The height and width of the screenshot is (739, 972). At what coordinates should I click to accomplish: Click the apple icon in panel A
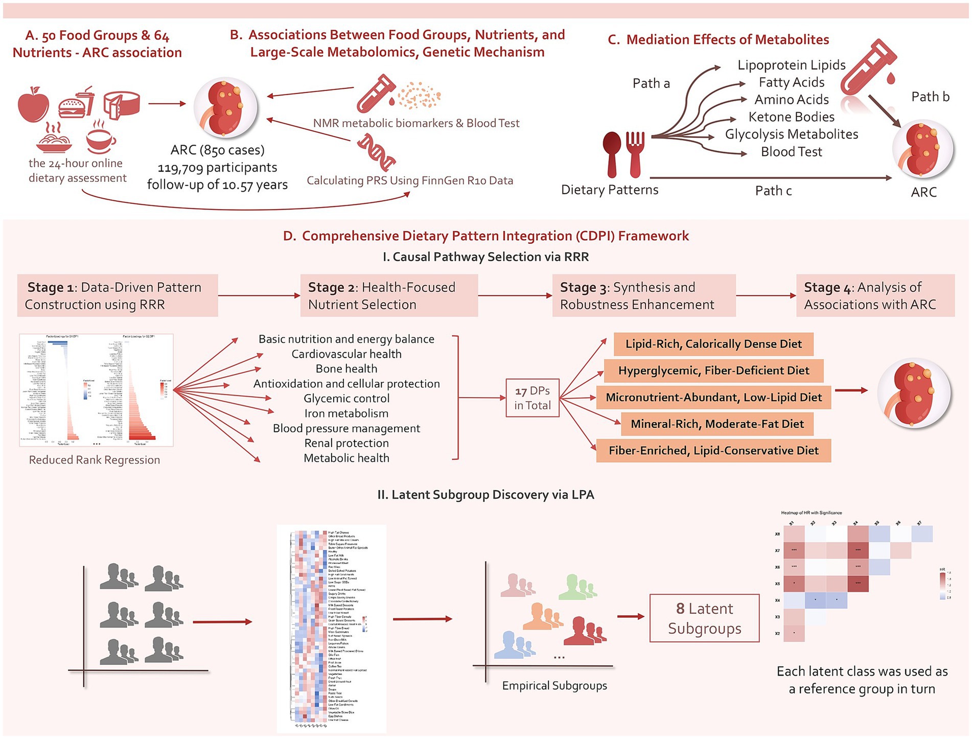[x=33, y=105]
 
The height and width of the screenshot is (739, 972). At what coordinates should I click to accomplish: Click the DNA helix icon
[x=377, y=152]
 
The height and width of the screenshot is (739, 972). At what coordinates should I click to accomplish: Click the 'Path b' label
[x=930, y=97]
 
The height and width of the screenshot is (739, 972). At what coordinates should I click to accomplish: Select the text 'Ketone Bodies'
[x=791, y=117]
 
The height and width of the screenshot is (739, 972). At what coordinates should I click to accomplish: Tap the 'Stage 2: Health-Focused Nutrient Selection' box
[x=389, y=296]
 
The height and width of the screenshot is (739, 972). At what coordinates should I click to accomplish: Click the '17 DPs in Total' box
[x=532, y=398]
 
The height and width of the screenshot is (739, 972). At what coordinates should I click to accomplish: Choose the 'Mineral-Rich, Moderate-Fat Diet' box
[x=716, y=424]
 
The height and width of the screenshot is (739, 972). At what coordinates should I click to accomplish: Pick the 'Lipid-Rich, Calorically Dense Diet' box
[x=713, y=344]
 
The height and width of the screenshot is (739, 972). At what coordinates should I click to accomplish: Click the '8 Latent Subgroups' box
[x=704, y=618]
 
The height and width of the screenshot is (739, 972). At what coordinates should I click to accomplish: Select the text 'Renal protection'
[x=346, y=443]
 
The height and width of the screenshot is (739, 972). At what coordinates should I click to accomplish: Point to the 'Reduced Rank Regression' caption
[x=95, y=460]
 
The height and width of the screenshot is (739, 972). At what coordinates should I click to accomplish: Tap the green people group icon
[x=577, y=587]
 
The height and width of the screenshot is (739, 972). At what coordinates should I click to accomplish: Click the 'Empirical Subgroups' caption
[x=554, y=686]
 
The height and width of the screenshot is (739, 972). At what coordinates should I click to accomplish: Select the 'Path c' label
[x=773, y=191]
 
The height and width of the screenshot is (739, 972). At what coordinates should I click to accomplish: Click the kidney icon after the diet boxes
[x=914, y=393]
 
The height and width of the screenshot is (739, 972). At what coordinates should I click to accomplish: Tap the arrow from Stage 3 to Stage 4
[x=766, y=296]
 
